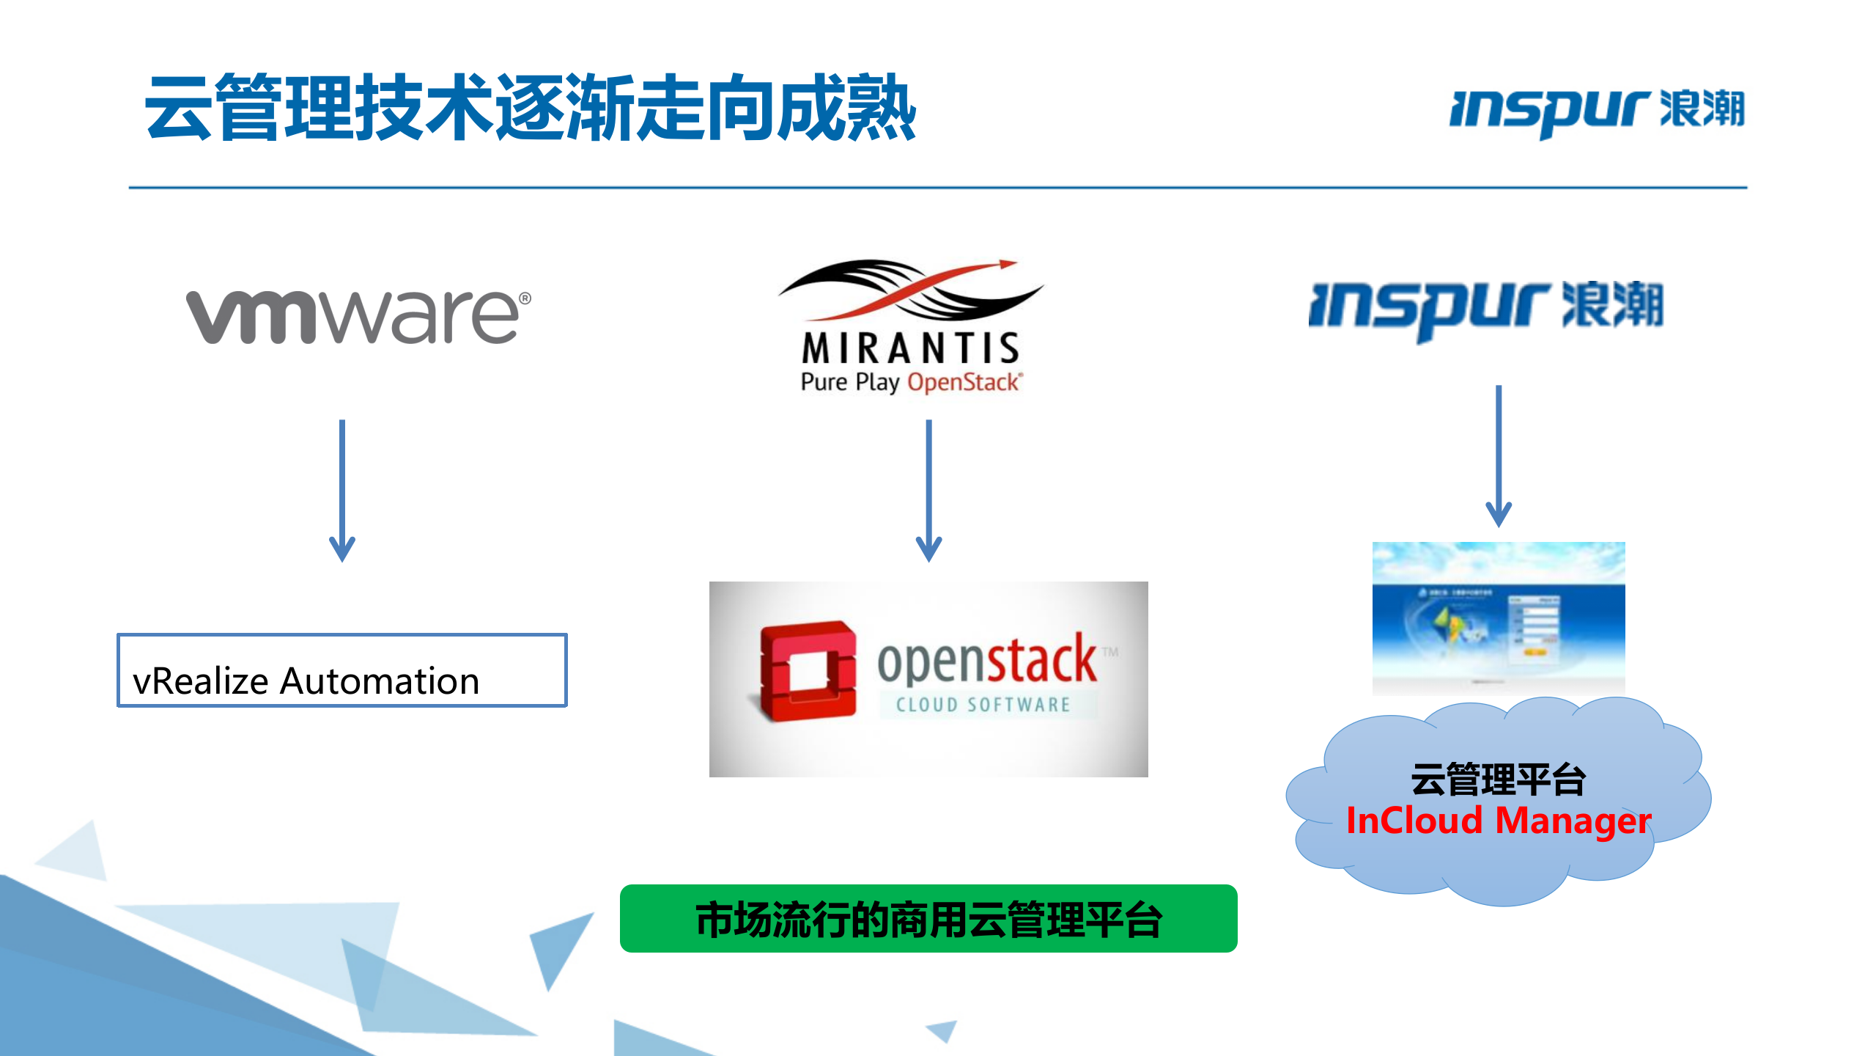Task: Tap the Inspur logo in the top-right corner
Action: click(1597, 111)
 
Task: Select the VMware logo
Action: click(358, 316)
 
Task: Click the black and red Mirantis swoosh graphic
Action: click(910, 290)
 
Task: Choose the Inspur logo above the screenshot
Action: click(1485, 308)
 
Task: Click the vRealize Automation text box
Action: click(342, 670)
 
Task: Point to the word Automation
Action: click(380, 681)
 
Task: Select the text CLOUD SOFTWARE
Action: click(983, 705)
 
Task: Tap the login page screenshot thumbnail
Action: click(1499, 617)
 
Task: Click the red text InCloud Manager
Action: click(1499, 821)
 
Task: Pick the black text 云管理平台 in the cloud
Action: click(1499, 779)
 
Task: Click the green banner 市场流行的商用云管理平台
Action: click(928, 919)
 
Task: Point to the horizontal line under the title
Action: click(938, 188)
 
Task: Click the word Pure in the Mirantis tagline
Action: click(824, 382)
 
